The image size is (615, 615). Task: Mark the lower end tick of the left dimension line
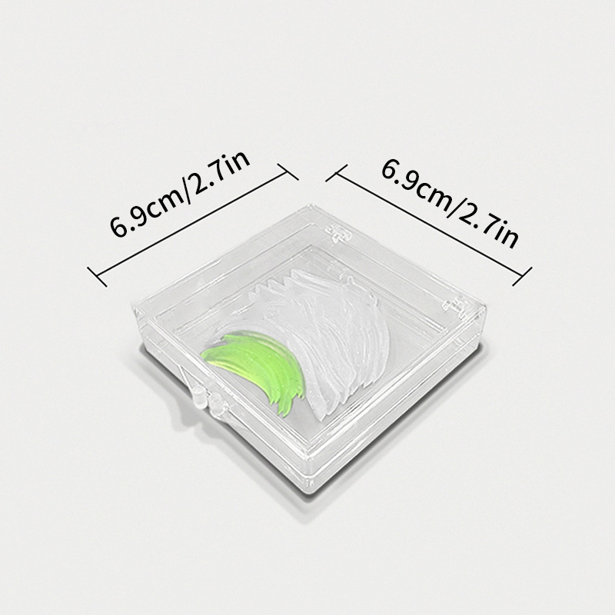[x=97, y=277]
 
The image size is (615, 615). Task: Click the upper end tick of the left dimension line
[x=288, y=171]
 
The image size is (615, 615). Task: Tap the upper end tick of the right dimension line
[x=337, y=173]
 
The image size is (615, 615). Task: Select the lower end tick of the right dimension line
[x=522, y=276]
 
